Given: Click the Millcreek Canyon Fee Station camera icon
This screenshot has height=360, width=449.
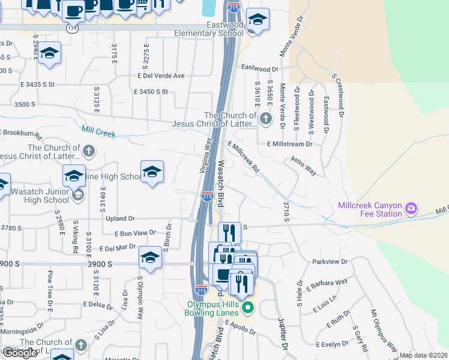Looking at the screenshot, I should (411, 209).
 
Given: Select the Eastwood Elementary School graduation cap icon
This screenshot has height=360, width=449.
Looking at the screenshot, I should (258, 20).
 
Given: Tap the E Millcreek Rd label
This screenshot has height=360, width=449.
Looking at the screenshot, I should (244, 157).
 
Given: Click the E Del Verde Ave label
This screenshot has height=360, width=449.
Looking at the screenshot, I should (161, 76).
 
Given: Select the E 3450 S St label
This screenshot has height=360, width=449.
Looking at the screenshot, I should (151, 92).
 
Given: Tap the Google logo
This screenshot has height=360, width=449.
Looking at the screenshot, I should (20, 353).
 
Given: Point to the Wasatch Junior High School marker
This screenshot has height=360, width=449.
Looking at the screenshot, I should (77, 196).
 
